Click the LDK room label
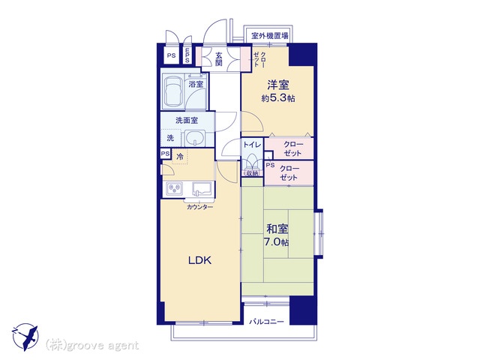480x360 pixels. click(199, 260)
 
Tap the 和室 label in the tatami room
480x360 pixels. click(277, 229)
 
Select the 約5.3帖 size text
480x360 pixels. click(278, 98)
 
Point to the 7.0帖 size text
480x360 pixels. click(276, 242)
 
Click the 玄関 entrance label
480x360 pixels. click(218, 59)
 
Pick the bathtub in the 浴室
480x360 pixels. click(172, 91)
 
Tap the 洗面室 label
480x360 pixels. click(187, 120)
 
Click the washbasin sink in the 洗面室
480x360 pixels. click(195, 138)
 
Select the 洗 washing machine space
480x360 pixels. click(170, 138)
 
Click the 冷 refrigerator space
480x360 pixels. click(180, 157)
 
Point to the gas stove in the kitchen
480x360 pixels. click(175, 188)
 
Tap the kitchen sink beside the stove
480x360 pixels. click(202, 188)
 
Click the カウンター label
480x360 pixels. click(199, 207)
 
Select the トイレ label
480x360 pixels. click(252, 145)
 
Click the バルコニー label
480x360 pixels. click(266, 322)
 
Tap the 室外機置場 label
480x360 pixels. click(270, 36)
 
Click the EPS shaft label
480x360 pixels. click(187, 55)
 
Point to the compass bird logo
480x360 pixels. click(25, 337)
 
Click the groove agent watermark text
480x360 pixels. click(92, 346)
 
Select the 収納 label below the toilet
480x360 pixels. click(252, 173)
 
